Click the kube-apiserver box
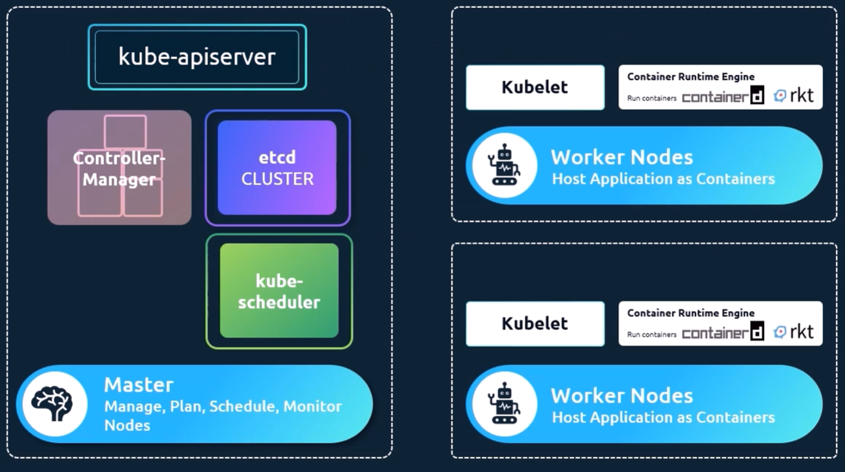pyautogui.click(x=197, y=57)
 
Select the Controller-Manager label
pyautogui.click(x=118, y=169)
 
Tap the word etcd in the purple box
pyautogui.click(x=277, y=158)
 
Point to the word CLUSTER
pyautogui.click(x=277, y=178)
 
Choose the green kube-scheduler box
pyautogui.click(x=279, y=291)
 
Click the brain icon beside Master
pyautogui.click(x=55, y=403)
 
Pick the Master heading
pyautogui.click(x=139, y=384)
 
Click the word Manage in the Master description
pyautogui.click(x=133, y=407)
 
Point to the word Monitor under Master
pyautogui.click(x=312, y=407)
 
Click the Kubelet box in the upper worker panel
pyautogui.click(x=535, y=87)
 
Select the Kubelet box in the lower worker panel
pyautogui.click(x=535, y=324)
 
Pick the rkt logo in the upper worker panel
pyautogui.click(x=794, y=96)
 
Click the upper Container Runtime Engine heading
pyautogui.click(x=691, y=76)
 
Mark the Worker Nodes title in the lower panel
pyautogui.click(x=621, y=396)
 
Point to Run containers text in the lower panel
pyautogui.click(x=652, y=335)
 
